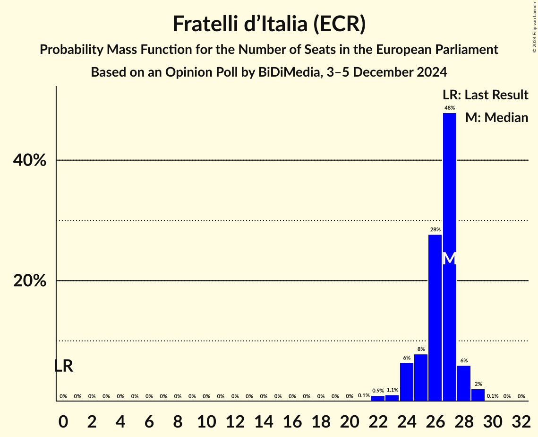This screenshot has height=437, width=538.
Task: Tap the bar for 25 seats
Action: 421,377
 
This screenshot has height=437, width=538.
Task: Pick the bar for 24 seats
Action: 407,382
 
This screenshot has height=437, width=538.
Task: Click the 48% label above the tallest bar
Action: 450,108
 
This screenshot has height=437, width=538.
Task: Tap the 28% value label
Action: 435,229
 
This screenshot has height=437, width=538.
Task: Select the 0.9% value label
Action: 378,391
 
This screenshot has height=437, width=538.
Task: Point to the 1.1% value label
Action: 392,390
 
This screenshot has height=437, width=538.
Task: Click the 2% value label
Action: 478,384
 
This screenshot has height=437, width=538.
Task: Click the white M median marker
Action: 450,258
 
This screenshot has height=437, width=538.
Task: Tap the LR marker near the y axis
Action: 63,366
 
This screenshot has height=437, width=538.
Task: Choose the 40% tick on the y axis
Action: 30,160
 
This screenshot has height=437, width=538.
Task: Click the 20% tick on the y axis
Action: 30,281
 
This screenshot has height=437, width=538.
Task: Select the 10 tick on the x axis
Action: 206,420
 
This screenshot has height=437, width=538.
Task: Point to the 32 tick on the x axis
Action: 521,420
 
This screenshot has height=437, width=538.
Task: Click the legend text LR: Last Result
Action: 485,95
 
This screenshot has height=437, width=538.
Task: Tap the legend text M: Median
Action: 496,117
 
